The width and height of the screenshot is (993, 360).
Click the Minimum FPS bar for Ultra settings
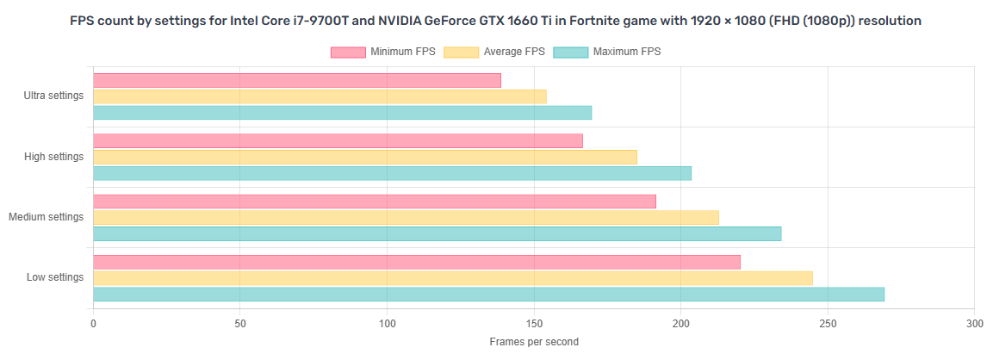tap(296, 80)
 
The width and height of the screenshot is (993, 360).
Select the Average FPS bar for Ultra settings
tap(320, 96)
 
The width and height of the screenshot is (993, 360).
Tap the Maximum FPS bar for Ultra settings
tap(342, 113)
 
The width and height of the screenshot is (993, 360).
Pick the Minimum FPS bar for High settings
tap(338, 140)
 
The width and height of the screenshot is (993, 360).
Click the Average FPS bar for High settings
tap(365, 157)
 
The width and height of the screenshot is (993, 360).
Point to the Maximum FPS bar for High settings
tap(392, 173)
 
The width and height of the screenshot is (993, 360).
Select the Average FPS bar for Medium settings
tap(406, 217)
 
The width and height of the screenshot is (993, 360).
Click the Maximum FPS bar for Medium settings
tap(437, 233)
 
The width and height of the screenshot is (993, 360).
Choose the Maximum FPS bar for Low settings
tap(488, 295)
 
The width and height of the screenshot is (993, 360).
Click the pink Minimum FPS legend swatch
tap(348, 53)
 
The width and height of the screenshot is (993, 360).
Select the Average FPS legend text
tap(514, 53)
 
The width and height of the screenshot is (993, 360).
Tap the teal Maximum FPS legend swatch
tap(569, 53)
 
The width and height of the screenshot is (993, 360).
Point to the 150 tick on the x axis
tap(534, 324)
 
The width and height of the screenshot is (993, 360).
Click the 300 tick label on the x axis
tap(974, 324)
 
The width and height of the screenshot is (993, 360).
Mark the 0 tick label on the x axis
tap(93, 324)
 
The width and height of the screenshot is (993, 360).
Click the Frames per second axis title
tap(534, 342)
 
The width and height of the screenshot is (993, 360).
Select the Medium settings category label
tap(46, 217)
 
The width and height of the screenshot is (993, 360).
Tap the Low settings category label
tap(55, 277)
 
